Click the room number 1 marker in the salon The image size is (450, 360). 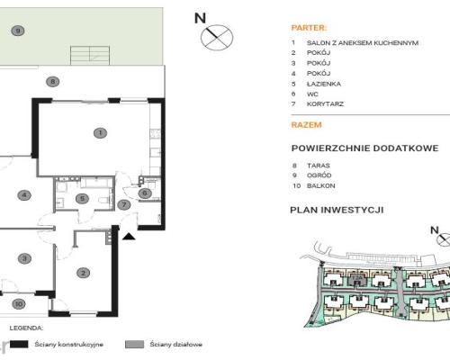coord(100,133)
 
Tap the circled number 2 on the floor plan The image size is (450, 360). coord(82,273)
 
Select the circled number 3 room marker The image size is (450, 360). coord(25,258)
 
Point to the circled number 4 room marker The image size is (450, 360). coord(25,195)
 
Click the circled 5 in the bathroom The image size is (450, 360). coord(81,199)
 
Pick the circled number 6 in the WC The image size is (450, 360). coord(144,193)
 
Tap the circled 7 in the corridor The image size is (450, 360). coord(125,205)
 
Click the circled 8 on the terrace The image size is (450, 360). coord(53,82)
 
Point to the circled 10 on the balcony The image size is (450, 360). coord(19,304)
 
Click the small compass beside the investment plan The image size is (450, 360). coord(440,239)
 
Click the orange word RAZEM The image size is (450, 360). coord(306,125)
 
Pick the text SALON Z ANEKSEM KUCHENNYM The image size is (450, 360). coord(363,42)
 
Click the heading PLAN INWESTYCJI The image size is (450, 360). coord(337,209)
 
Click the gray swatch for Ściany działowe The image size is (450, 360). coord(135,343)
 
